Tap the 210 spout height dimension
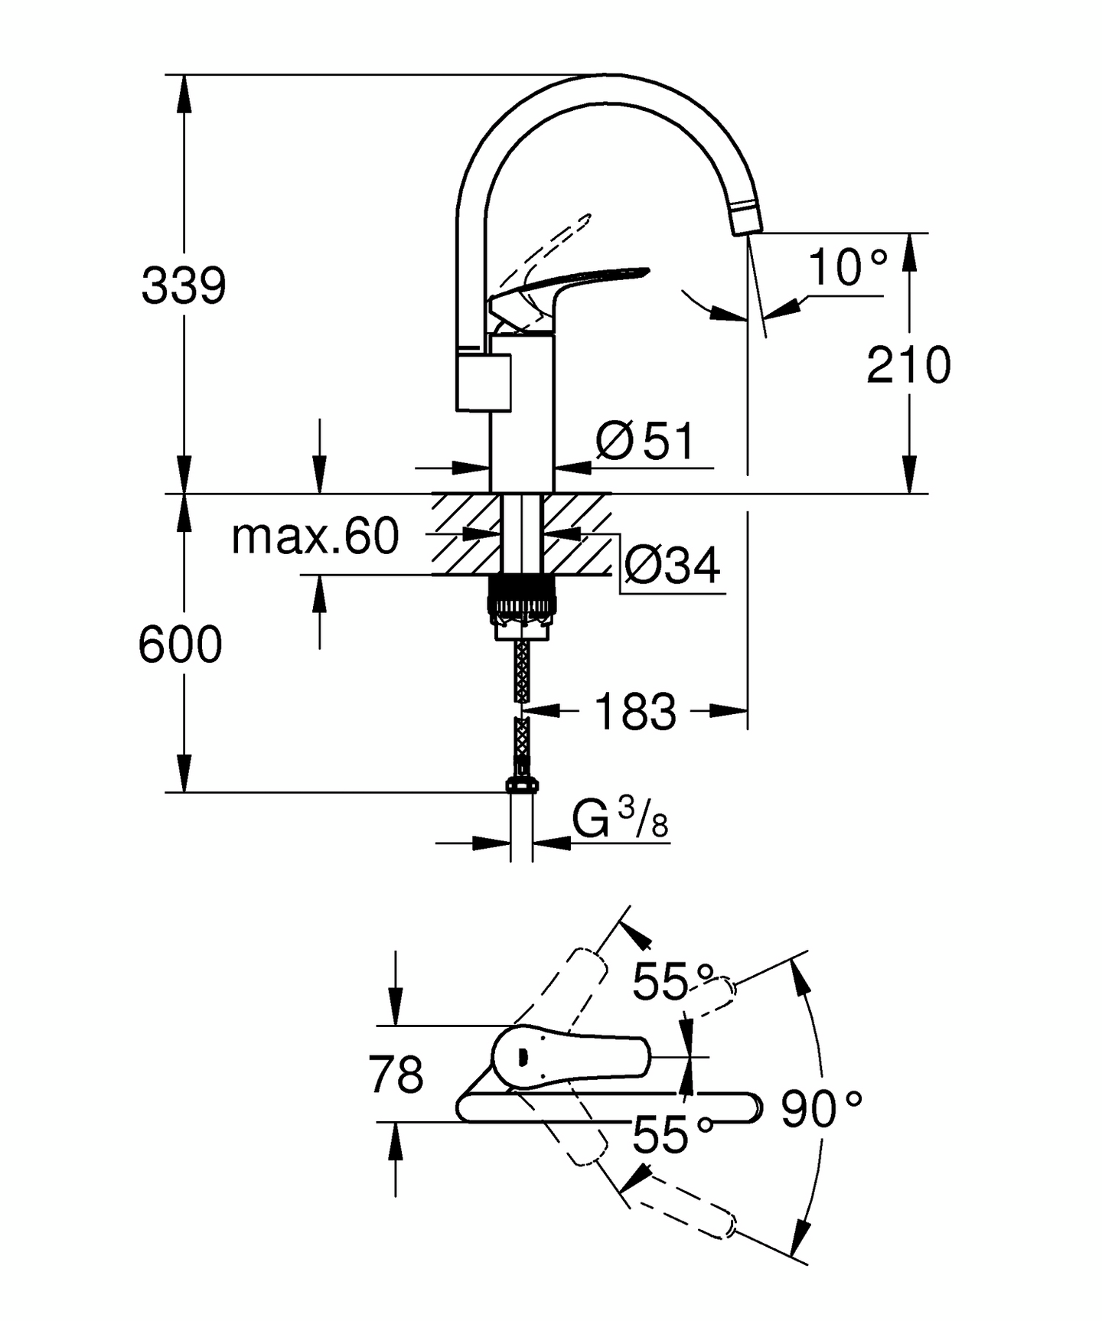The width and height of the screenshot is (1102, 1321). pyautogui.click(x=908, y=365)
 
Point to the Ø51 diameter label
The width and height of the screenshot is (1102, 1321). pyautogui.click(x=645, y=441)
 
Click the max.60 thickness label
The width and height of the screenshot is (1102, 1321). pyautogui.click(x=315, y=537)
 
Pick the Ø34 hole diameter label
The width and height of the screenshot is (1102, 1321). pyautogui.click(x=672, y=566)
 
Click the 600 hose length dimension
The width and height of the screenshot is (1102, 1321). pyautogui.click(x=180, y=644)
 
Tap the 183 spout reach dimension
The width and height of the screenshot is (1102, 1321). pyautogui.click(x=635, y=712)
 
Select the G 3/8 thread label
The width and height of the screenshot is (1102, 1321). pyautogui.click(x=620, y=821)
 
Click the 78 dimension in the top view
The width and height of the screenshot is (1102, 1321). pyautogui.click(x=396, y=1075)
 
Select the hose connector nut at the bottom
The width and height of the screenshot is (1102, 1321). pyautogui.click(x=521, y=784)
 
